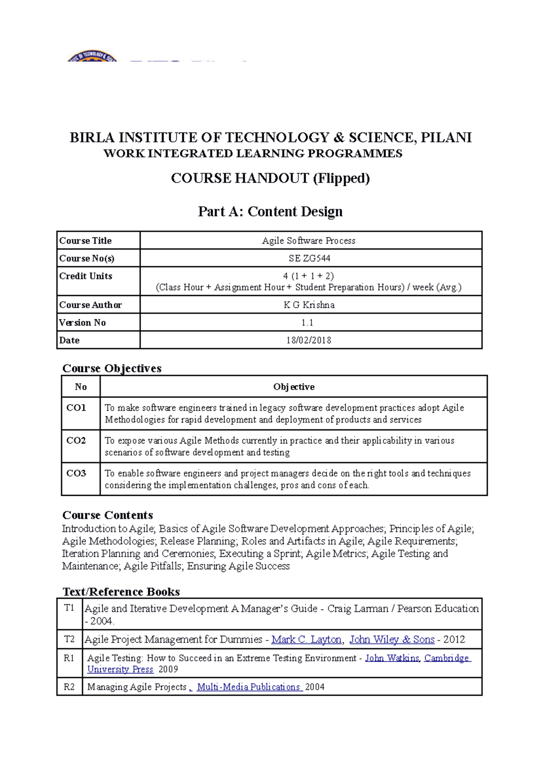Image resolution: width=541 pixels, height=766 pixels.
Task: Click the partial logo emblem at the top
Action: click(92, 56)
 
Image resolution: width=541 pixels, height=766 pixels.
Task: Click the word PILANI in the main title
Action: click(446, 138)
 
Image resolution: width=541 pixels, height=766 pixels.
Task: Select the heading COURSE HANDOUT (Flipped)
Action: click(270, 178)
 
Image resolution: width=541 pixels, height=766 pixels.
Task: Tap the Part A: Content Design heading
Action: click(270, 211)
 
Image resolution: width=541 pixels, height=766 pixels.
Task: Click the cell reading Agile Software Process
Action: click(309, 240)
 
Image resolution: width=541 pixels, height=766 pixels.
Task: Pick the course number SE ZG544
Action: click(309, 258)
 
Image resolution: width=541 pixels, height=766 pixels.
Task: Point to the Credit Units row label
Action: click(86, 276)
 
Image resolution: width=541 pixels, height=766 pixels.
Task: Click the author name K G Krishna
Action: click(309, 305)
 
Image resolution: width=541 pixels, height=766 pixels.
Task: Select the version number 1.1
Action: click(307, 323)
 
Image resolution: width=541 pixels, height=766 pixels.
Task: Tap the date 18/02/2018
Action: click(309, 340)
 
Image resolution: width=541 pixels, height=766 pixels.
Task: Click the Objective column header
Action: click(293, 387)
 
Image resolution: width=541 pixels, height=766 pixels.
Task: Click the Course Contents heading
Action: click(107, 515)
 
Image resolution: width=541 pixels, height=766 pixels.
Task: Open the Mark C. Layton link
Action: click(306, 639)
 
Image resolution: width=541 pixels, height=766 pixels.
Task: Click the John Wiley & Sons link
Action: click(392, 639)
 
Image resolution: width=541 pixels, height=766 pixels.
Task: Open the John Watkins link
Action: click(392, 658)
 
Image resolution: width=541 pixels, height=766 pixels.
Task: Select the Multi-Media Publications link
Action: click(248, 687)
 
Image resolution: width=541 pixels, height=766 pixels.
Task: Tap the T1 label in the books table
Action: click(69, 608)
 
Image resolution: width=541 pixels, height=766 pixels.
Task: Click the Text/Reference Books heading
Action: click(121, 591)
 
